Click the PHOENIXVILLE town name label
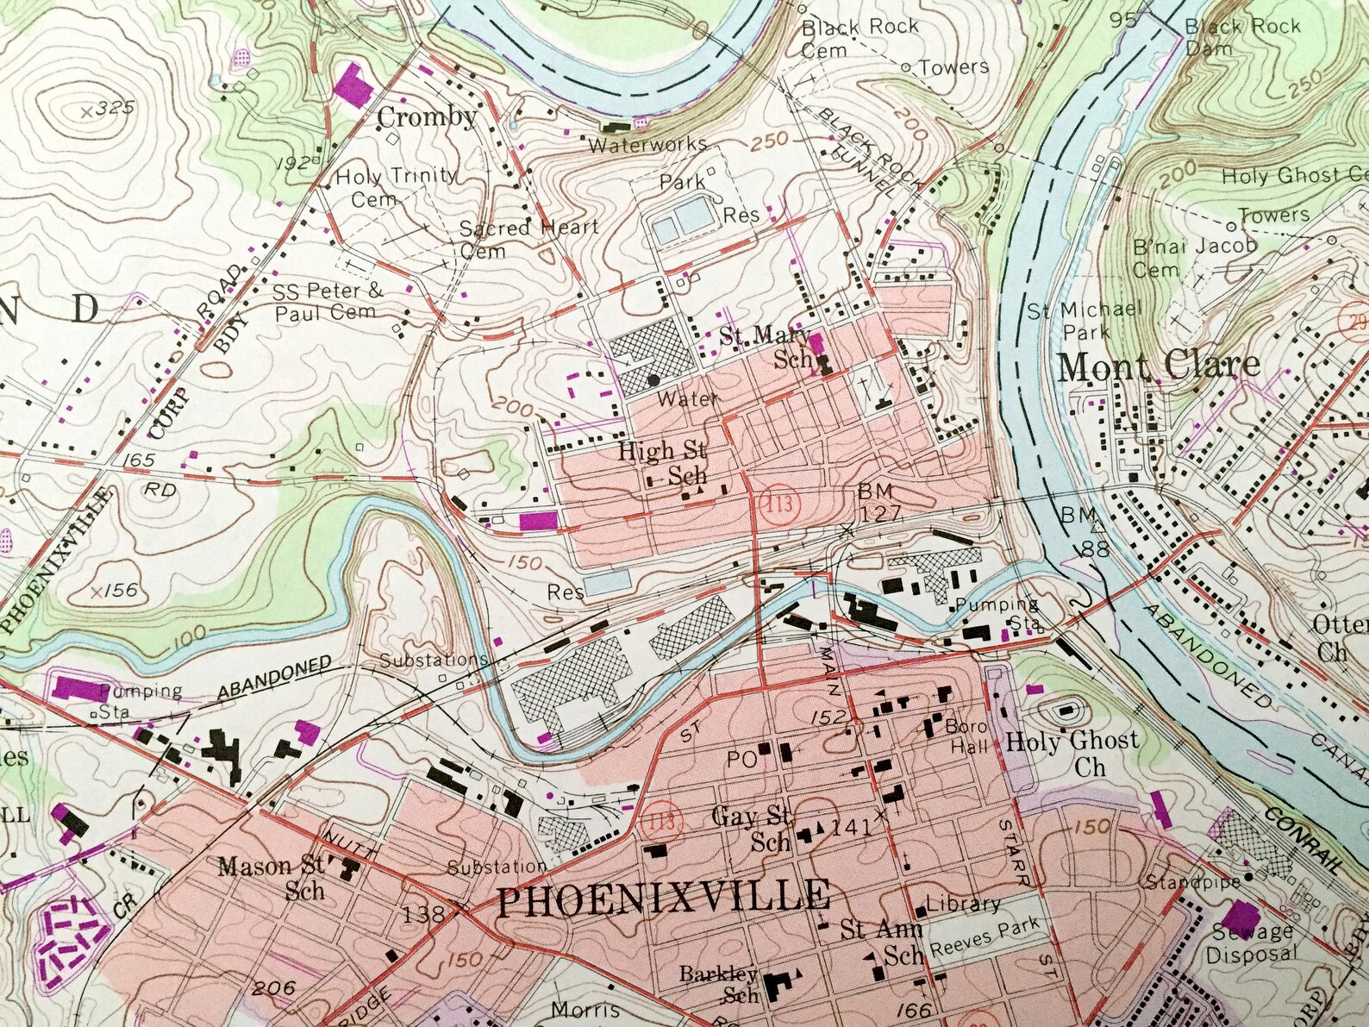664,899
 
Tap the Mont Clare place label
1158,366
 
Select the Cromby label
428,117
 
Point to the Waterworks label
647,145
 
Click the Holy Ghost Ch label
1072,753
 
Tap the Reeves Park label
985,942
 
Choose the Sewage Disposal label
1252,942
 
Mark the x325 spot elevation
109,109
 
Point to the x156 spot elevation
114,591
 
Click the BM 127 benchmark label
878,503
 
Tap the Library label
963,904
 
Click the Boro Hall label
966,736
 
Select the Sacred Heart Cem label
528,238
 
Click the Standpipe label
1192,882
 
